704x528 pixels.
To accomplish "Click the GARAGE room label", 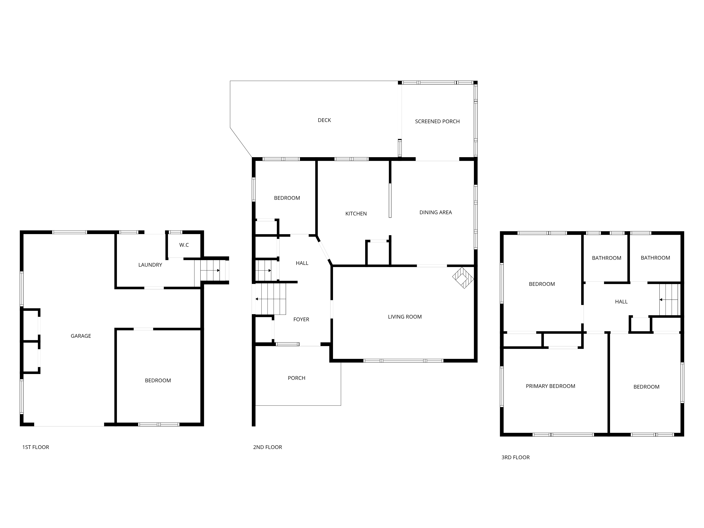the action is point(81,336).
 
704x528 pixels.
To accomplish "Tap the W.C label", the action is point(184,245).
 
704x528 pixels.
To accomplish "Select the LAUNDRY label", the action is point(150,265).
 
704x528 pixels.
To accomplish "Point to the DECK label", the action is point(324,120).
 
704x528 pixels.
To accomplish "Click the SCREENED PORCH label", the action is point(437,121).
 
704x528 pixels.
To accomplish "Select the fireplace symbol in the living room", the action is point(463,278).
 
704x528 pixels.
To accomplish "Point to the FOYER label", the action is point(301,319).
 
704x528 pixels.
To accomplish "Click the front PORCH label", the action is point(297,378).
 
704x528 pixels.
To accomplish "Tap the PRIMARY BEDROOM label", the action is point(551,386).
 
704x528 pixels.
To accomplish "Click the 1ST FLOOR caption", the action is point(36,447).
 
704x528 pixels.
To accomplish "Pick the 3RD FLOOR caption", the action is point(516,457).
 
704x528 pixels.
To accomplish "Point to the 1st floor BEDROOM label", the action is point(158,380).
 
